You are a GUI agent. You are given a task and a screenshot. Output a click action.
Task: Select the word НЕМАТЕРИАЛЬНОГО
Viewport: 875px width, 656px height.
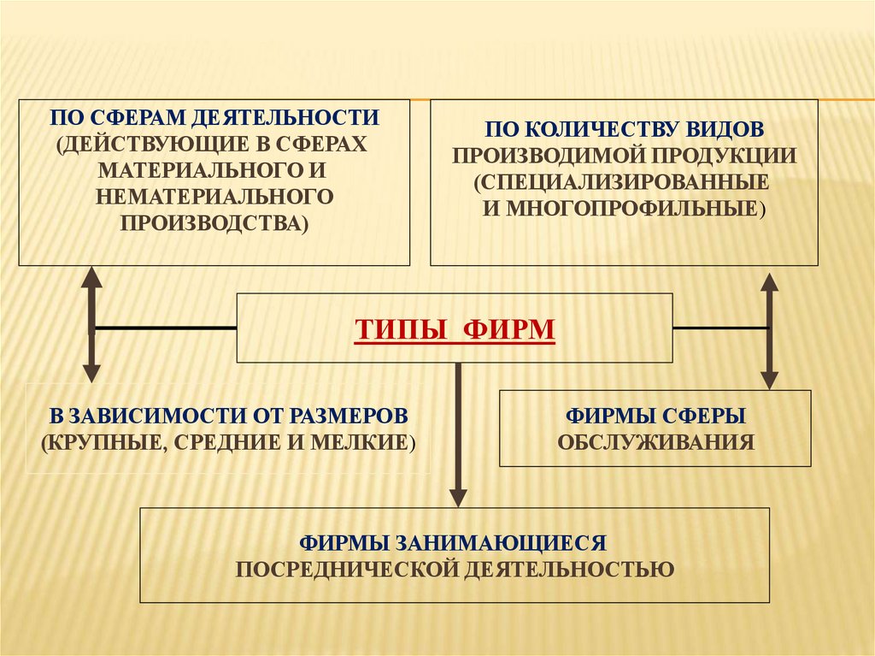[x=214, y=196]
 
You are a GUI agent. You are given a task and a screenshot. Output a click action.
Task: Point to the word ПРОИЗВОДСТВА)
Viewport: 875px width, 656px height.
[x=214, y=222]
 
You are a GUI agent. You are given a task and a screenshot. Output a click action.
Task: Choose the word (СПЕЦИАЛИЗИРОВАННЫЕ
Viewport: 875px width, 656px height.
[x=624, y=182]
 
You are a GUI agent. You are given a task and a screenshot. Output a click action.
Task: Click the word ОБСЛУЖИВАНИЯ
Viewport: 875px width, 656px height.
[x=655, y=442]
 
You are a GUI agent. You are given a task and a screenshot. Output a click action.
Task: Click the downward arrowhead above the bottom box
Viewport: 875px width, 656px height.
[x=459, y=496]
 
